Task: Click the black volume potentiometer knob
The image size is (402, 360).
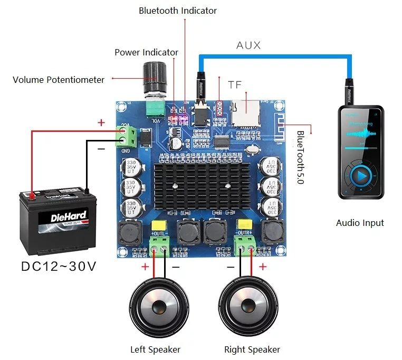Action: click(x=156, y=76)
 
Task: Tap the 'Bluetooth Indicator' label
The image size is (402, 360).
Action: click(x=178, y=11)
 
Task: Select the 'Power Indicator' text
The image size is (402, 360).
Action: click(x=146, y=52)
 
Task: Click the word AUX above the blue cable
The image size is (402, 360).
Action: click(x=248, y=45)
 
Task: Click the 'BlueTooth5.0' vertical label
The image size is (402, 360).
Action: click(x=300, y=157)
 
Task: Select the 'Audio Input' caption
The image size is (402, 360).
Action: click(x=360, y=223)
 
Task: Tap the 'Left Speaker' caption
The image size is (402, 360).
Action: click(x=155, y=349)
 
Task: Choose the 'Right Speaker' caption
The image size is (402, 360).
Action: click(x=252, y=349)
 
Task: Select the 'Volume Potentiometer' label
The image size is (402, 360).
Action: click(x=59, y=80)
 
